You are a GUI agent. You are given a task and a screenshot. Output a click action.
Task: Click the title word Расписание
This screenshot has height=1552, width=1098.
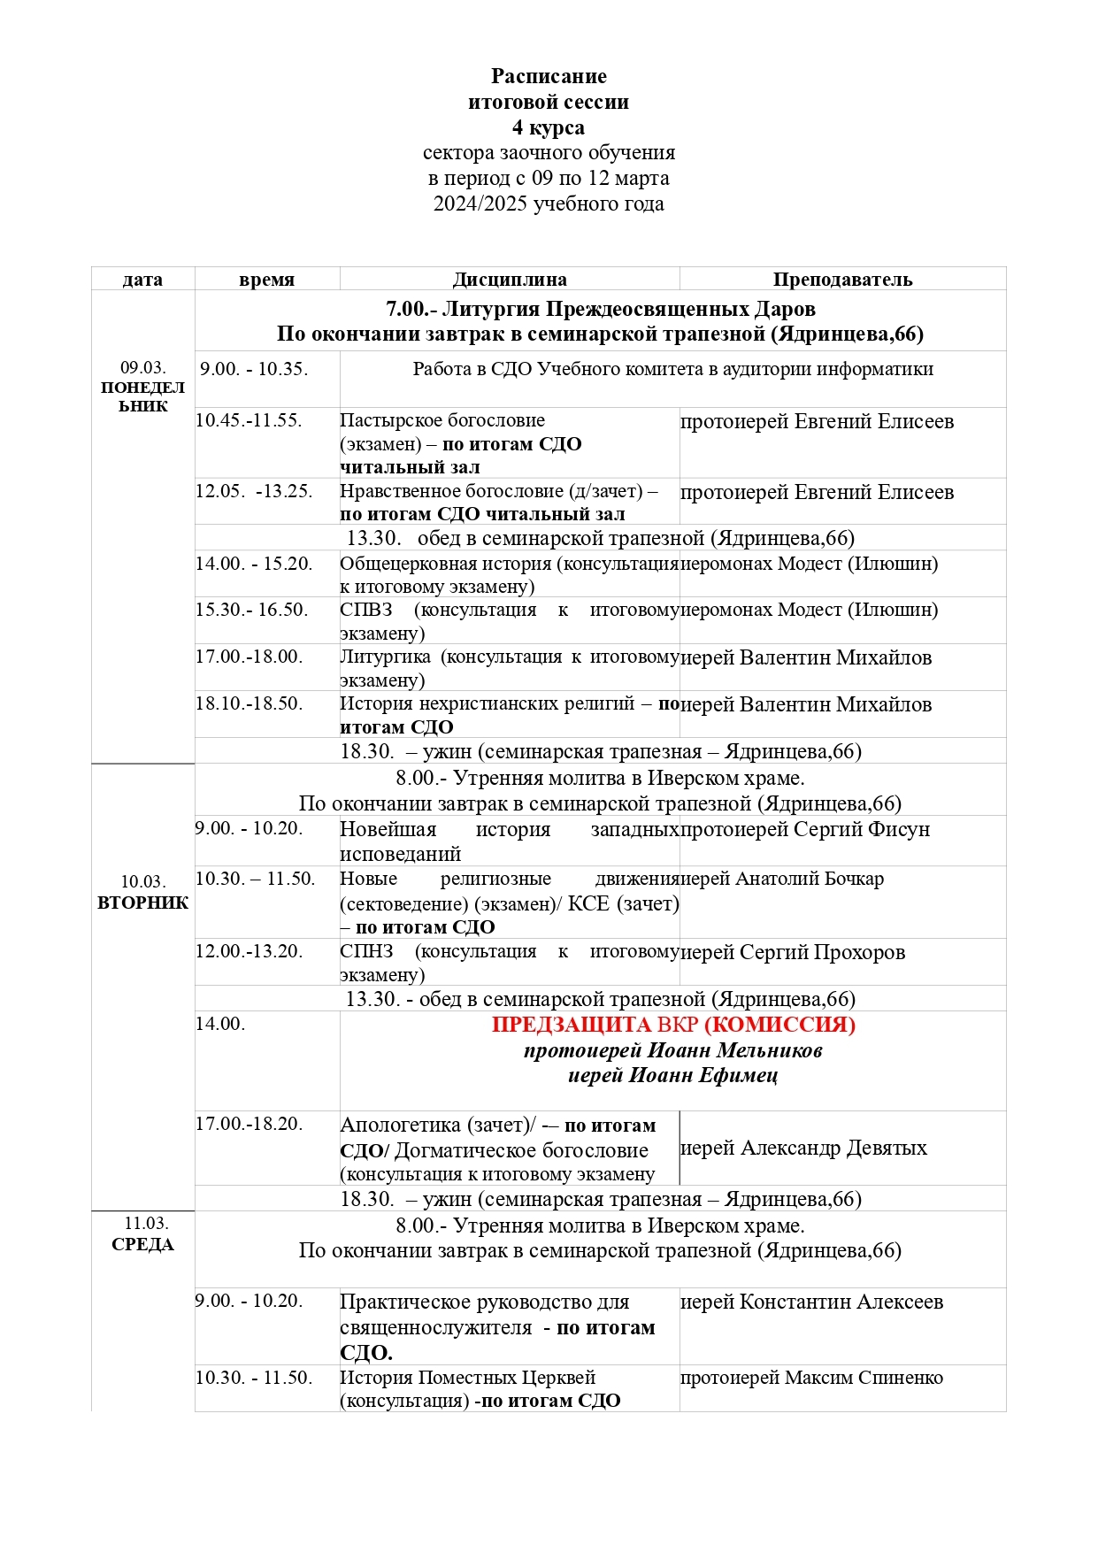click(x=549, y=76)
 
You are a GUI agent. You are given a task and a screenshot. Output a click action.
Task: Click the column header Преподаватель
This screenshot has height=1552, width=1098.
click(x=842, y=280)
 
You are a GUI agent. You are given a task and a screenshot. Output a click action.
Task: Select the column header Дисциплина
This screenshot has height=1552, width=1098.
click(x=510, y=280)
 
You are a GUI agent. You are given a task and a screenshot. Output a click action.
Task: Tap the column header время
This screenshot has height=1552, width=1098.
click(x=266, y=280)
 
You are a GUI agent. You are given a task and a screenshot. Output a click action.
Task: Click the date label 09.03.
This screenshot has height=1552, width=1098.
click(x=143, y=367)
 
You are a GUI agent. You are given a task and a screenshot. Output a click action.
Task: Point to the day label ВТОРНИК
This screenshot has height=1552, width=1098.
click(x=143, y=903)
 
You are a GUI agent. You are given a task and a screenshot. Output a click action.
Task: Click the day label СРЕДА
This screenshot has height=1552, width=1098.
click(x=143, y=1244)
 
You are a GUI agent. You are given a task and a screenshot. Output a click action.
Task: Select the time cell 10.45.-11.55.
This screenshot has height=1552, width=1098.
click(x=249, y=420)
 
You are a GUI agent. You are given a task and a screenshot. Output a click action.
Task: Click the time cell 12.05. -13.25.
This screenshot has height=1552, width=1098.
click(x=254, y=491)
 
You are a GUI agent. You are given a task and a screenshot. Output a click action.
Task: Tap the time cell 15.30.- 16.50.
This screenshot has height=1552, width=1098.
click(x=252, y=610)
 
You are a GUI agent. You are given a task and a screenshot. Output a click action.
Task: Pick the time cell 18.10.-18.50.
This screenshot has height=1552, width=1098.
click(x=249, y=703)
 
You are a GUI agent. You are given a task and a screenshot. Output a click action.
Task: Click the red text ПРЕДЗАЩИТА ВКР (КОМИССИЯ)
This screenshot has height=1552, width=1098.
click(x=673, y=1025)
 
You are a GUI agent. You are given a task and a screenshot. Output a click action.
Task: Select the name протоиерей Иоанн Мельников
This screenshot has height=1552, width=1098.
click(x=673, y=1050)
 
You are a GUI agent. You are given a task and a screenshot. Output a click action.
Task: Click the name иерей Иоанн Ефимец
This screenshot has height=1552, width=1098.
click(x=673, y=1075)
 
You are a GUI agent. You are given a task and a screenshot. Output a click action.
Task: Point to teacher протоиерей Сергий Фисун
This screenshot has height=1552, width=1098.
click(x=805, y=829)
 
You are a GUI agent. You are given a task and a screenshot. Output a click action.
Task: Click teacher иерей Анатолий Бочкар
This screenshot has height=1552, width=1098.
click(x=782, y=879)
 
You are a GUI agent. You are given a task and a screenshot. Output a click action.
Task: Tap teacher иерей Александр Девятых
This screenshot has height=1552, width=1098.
click(x=803, y=1148)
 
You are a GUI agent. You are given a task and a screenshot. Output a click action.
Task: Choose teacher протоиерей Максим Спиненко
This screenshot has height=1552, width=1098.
click(x=811, y=1378)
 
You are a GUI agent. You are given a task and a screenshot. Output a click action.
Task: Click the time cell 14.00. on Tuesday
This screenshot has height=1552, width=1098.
click(x=220, y=1024)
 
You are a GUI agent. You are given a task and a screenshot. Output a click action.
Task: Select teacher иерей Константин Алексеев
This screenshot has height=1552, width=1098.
click(x=811, y=1302)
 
